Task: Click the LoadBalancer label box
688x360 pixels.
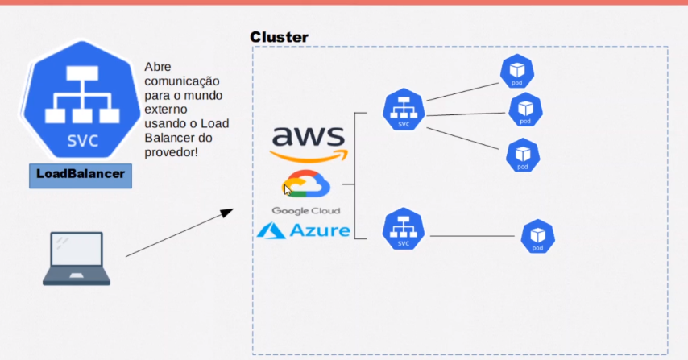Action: click(81, 174)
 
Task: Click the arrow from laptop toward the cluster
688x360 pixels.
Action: click(179, 234)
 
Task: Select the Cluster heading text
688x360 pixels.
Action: click(279, 37)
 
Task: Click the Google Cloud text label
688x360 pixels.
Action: click(305, 211)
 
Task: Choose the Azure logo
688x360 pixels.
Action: click(304, 231)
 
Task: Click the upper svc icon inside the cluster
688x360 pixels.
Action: click(404, 110)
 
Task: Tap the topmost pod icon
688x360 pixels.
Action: click(517, 72)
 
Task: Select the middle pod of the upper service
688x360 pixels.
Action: click(525, 110)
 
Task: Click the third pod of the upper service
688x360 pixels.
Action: click(522, 155)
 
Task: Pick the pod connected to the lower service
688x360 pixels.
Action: click(537, 237)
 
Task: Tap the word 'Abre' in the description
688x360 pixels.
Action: click(158, 68)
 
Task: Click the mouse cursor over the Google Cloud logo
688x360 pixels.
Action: click(288, 190)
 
